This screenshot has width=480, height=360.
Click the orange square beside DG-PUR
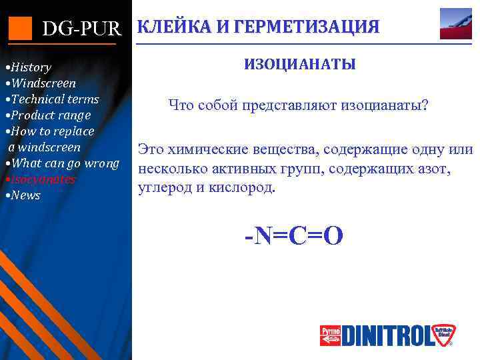[20, 27]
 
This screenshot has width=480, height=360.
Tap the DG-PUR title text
[82, 29]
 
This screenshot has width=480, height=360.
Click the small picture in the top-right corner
[456, 24]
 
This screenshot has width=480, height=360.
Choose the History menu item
[29, 67]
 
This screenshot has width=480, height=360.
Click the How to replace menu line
[51, 131]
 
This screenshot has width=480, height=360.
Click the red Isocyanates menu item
[41, 179]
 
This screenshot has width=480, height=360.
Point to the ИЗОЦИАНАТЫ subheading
[299, 65]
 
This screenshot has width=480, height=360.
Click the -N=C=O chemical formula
[294, 235]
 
